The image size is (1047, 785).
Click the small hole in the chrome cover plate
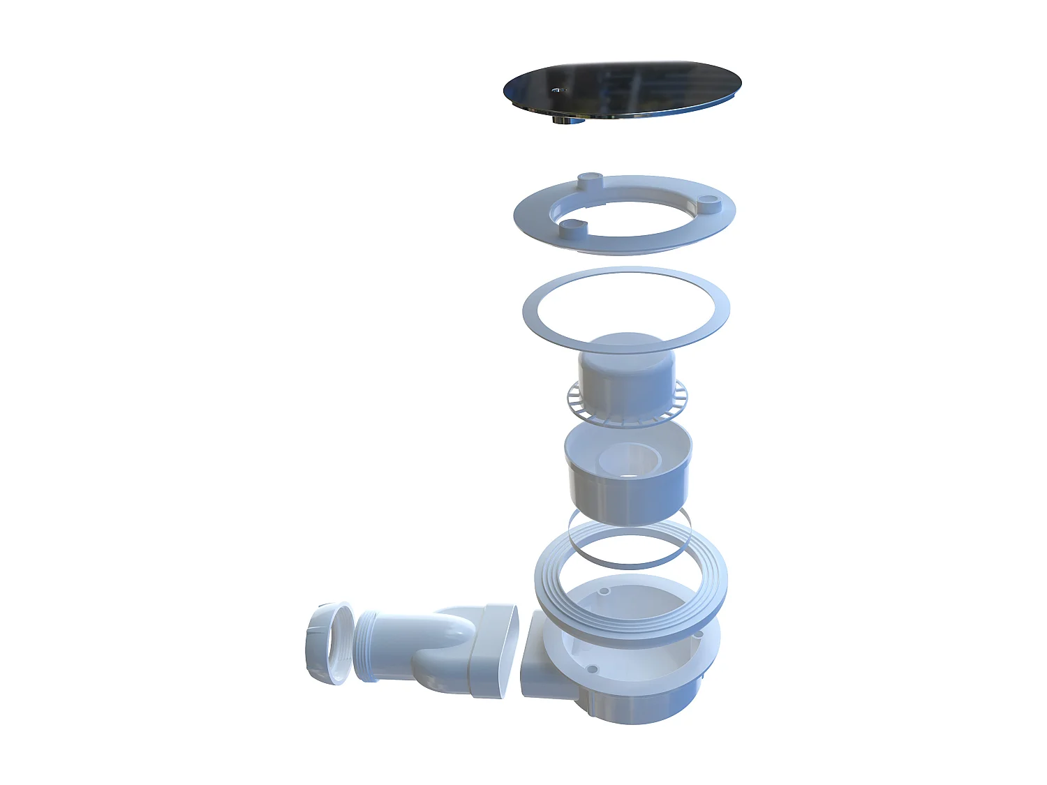(556, 90)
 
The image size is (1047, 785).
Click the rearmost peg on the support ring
(590, 179)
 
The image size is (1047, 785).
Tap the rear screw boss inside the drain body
(604, 591)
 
